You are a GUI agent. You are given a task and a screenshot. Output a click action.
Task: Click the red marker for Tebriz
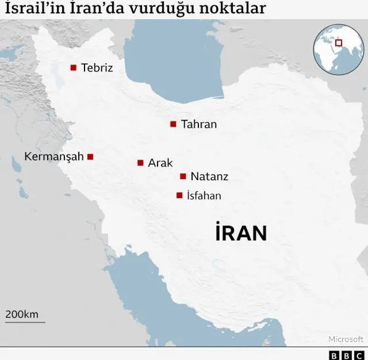pos(73,68)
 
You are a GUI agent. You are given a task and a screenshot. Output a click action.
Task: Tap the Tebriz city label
pos(97,68)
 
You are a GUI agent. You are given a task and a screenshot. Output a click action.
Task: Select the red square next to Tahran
pos(173,124)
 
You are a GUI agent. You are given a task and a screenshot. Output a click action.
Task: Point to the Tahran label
pos(199,124)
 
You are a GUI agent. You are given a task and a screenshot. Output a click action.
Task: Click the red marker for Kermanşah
pos(91,157)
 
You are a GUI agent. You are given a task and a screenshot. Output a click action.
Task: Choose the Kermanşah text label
pos(54,157)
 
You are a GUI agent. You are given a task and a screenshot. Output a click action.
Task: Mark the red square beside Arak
pos(141,163)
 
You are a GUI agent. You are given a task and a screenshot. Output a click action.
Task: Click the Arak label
pos(160,163)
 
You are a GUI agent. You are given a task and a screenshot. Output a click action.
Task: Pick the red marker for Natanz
pos(183,176)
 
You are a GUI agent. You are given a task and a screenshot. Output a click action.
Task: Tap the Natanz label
pos(209,176)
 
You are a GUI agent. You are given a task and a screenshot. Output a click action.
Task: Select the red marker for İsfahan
pos(179,195)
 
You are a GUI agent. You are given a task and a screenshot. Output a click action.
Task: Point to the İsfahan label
pos(204,195)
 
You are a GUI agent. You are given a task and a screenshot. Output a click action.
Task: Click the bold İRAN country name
pos(241,233)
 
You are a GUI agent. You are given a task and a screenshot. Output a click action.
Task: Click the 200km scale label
pos(22,314)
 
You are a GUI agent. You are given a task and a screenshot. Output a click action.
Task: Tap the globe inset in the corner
pos(338,49)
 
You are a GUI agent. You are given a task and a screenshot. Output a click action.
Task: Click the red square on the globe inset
pos(339,42)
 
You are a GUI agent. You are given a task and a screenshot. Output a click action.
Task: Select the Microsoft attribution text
pos(346,339)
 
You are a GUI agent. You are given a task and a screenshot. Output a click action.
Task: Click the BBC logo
pos(347,355)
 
